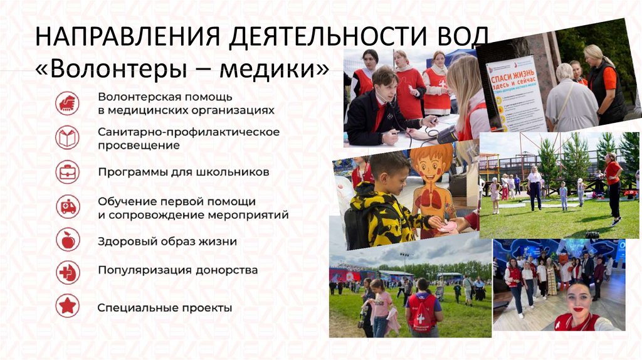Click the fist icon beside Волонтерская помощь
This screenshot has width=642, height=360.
click(68, 103)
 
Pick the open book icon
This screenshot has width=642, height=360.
click(68, 138)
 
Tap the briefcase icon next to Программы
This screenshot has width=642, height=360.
click(68, 172)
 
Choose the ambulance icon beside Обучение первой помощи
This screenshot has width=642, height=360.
click(68, 206)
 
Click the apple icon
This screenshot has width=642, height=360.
click(68, 240)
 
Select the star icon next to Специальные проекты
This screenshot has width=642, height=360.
click(68, 307)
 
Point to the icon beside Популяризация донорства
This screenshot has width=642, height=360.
click(68, 273)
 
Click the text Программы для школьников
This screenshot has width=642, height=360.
click(166, 171)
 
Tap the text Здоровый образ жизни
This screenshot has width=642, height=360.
click(167, 241)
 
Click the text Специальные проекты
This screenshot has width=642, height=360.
click(165, 308)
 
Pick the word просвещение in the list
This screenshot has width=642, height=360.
click(139, 146)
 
